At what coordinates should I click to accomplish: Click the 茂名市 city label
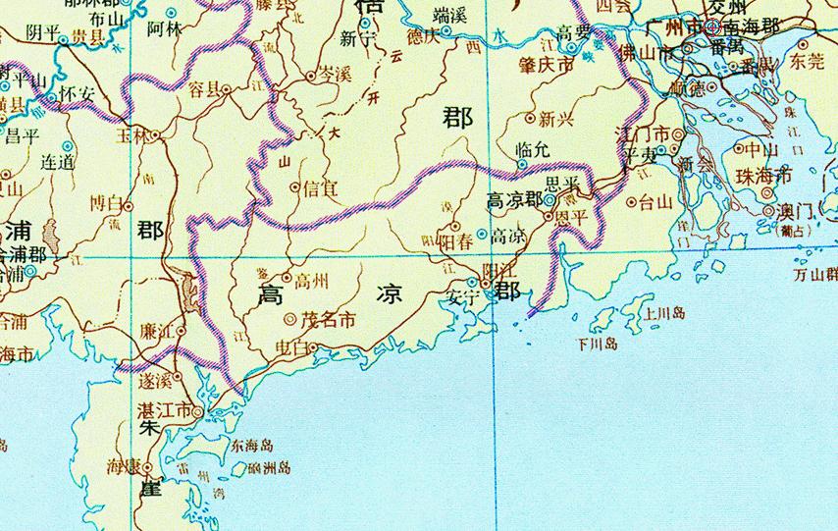328,319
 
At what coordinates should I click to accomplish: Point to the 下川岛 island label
598,344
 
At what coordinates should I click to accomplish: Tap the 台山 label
655,203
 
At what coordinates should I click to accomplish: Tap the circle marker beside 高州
288,278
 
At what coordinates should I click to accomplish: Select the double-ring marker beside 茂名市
290,319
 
